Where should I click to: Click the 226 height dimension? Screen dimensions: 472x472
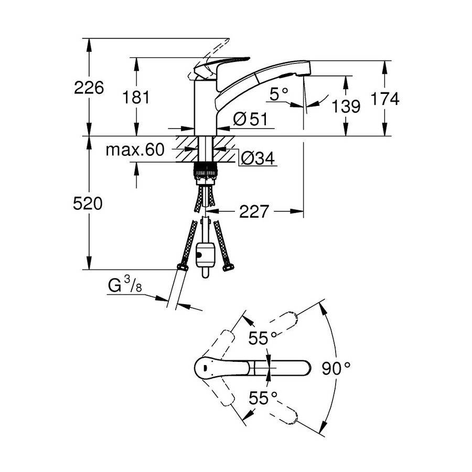coord(89,88)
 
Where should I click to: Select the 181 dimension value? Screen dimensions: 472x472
coord(136,97)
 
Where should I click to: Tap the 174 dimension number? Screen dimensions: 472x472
coord(384,98)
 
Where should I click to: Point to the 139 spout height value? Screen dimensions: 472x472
coord(346,106)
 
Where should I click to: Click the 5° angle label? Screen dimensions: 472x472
coord(278,94)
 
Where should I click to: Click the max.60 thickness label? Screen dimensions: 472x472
coord(135,151)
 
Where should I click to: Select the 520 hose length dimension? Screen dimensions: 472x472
coord(88,203)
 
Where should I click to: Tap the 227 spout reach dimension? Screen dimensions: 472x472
coord(254,212)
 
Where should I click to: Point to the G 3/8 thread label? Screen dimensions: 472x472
coord(125,286)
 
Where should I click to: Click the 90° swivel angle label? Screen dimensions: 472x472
coord(336,368)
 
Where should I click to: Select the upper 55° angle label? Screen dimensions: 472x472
coord(263,339)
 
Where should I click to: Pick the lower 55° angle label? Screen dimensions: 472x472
coord(263,398)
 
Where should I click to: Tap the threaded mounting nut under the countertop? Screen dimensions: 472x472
coord(206,170)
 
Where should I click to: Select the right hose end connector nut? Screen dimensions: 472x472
coord(228,268)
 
